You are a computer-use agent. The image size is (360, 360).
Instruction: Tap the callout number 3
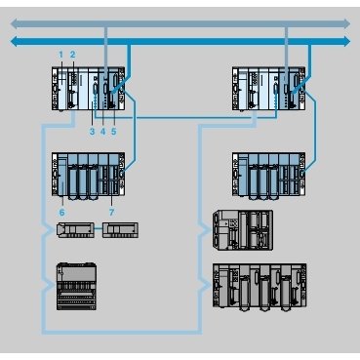click(x=91, y=130)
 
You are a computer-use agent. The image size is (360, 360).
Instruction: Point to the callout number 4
click(x=102, y=130)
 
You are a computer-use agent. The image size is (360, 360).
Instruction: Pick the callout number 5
click(x=113, y=130)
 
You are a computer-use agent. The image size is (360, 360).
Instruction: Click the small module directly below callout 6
click(x=74, y=231)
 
